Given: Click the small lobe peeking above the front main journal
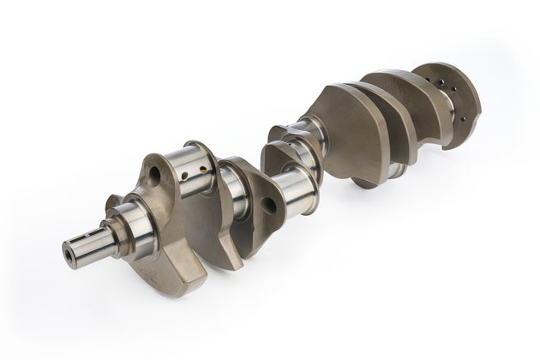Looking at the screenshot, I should click(113, 204).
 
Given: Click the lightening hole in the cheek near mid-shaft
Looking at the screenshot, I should click(269, 205).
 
